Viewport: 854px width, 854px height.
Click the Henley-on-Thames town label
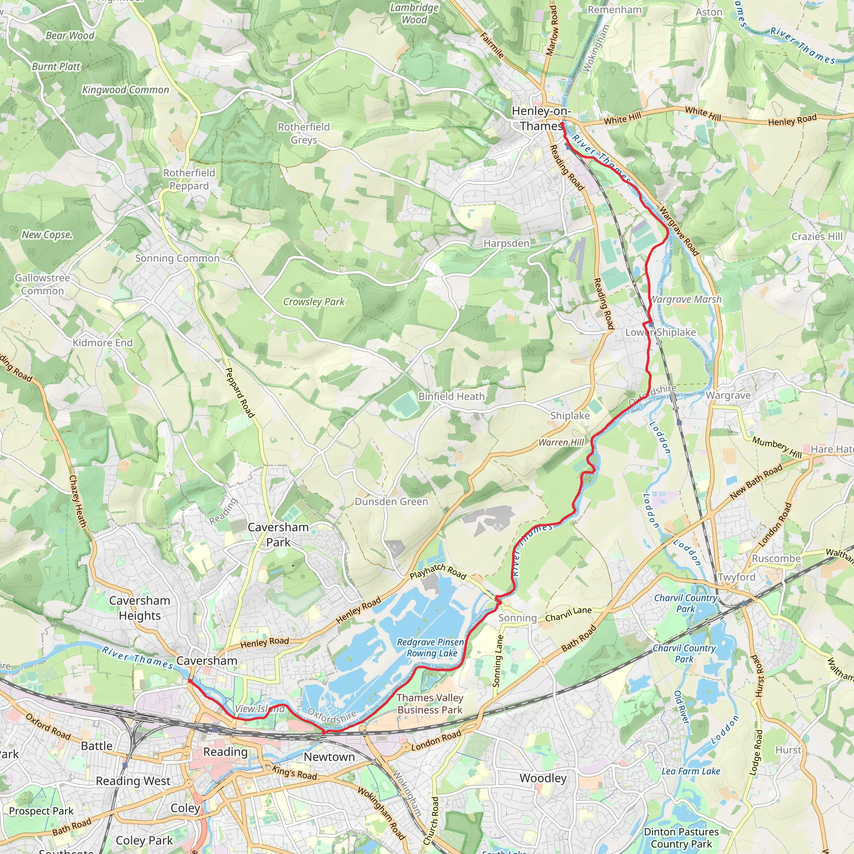click(540, 118)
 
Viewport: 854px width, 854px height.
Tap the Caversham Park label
click(278, 535)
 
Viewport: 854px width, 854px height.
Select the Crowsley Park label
click(314, 301)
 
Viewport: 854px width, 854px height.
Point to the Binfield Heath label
click(451, 397)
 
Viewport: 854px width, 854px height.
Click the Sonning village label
click(517, 618)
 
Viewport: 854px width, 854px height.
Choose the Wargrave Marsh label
click(686, 299)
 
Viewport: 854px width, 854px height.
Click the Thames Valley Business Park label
click(429, 704)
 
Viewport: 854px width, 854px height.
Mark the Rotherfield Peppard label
click(189, 179)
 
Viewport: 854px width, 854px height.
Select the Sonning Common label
click(177, 258)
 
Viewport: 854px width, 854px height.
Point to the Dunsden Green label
click(391, 502)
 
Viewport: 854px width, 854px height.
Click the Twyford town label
click(736, 577)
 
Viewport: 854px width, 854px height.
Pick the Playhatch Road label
click(437, 572)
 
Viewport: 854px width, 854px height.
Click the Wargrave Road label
click(678, 231)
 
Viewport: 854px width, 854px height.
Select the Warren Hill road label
click(561, 442)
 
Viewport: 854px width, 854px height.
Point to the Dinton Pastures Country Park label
click(681, 838)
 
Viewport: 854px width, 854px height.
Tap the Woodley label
click(543, 778)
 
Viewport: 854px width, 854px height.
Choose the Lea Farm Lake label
click(691, 771)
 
